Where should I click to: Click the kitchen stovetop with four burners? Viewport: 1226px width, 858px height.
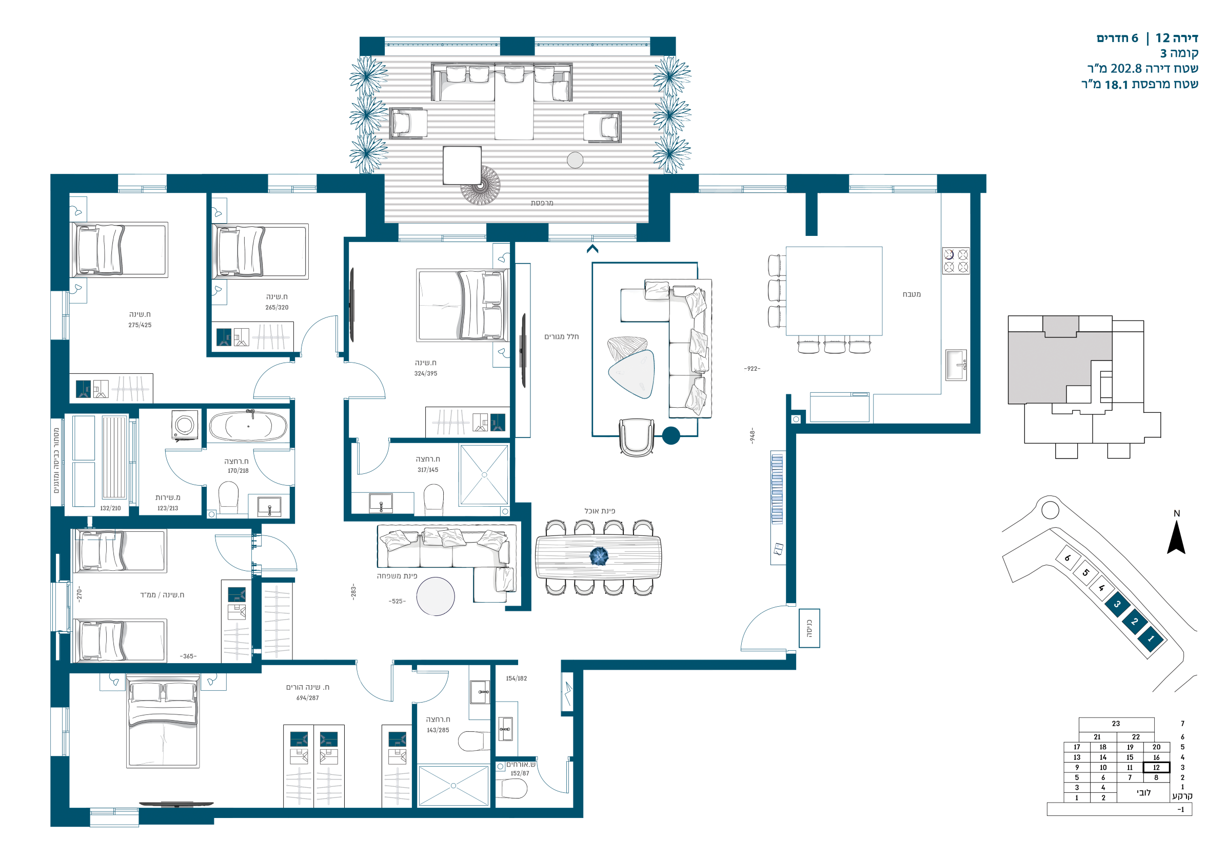tap(955, 261)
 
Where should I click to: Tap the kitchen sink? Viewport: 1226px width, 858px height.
tap(956, 365)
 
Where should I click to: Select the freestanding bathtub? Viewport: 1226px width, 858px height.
tap(248, 426)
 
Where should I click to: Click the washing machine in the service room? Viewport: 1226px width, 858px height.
tap(185, 425)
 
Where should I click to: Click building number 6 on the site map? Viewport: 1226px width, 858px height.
tap(1067, 558)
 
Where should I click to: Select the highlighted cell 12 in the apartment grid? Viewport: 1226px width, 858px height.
tap(1156, 767)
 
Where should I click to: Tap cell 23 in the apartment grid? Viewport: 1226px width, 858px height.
tap(1116, 724)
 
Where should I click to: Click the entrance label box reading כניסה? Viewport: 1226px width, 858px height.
tap(809, 628)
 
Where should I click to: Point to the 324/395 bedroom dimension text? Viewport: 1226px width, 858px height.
tap(426, 373)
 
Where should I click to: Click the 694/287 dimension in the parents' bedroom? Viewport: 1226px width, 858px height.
tap(308, 698)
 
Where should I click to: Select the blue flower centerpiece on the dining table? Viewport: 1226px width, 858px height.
tap(599, 556)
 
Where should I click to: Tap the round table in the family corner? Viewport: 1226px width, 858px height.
tap(435, 596)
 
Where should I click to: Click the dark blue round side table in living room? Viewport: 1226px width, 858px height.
tap(671, 436)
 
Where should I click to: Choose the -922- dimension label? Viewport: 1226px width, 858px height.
tap(752, 369)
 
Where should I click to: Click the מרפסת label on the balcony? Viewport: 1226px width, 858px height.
tap(542, 203)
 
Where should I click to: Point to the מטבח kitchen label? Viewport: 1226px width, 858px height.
tap(912, 294)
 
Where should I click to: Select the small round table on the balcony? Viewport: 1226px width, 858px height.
tap(575, 160)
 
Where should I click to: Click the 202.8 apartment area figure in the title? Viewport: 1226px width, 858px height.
tap(1126, 68)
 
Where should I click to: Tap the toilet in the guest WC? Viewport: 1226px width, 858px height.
tap(511, 788)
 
